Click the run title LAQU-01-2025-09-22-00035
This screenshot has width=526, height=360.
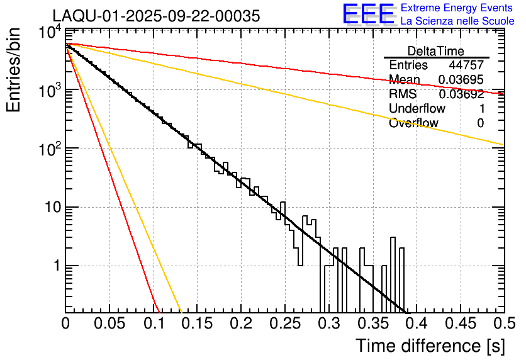[156, 16]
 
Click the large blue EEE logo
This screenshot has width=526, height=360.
[367, 15]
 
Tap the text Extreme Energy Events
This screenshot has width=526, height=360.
[457, 8]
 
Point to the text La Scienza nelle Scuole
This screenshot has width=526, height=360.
[457, 21]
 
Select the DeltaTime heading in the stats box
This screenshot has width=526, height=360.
[436, 51]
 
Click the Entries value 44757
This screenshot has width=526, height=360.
[466, 65]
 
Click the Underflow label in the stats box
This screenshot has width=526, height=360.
[417, 109]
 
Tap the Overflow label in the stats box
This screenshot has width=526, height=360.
[413, 123]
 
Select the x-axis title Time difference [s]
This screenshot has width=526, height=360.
[430, 346]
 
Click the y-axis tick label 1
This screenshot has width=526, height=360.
[55, 266]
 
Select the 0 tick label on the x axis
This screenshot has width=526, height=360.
[65, 325]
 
